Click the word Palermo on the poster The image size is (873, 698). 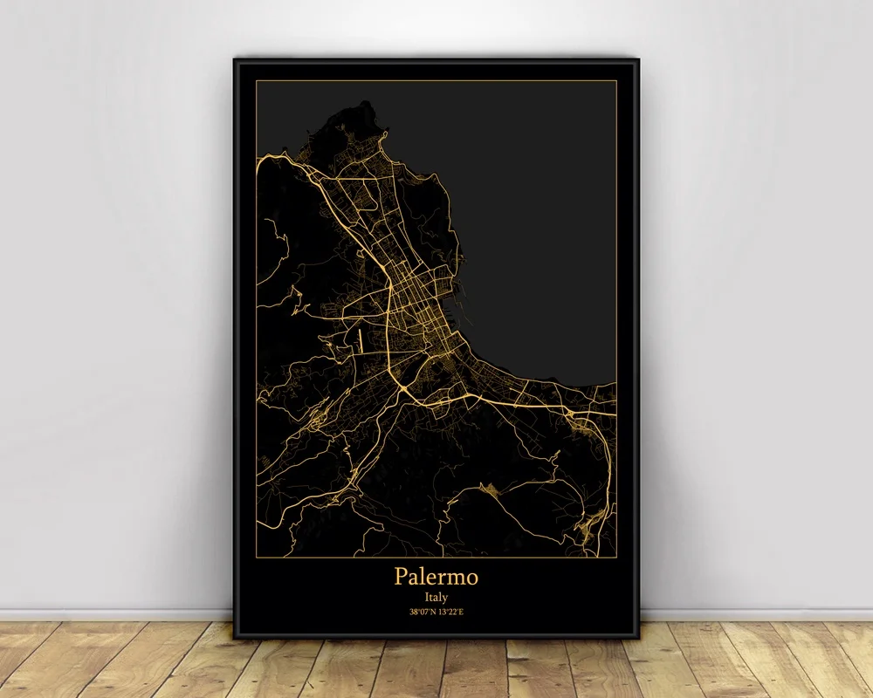(436, 577)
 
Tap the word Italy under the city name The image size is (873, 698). (436, 598)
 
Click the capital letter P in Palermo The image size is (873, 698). (401, 576)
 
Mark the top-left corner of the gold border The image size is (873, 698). (256, 81)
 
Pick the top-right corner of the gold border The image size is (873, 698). (616, 81)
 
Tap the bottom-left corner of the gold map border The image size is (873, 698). (256, 555)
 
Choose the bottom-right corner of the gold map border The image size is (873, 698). (616, 555)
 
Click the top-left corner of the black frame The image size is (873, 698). (234, 59)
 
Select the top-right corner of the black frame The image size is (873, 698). (639, 59)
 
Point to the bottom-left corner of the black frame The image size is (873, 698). (234, 638)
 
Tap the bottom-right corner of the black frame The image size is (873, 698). (639, 638)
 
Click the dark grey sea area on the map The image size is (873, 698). (541, 218)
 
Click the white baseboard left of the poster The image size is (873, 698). (113, 612)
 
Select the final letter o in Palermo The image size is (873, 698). (472, 578)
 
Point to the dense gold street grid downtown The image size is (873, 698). (410, 301)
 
